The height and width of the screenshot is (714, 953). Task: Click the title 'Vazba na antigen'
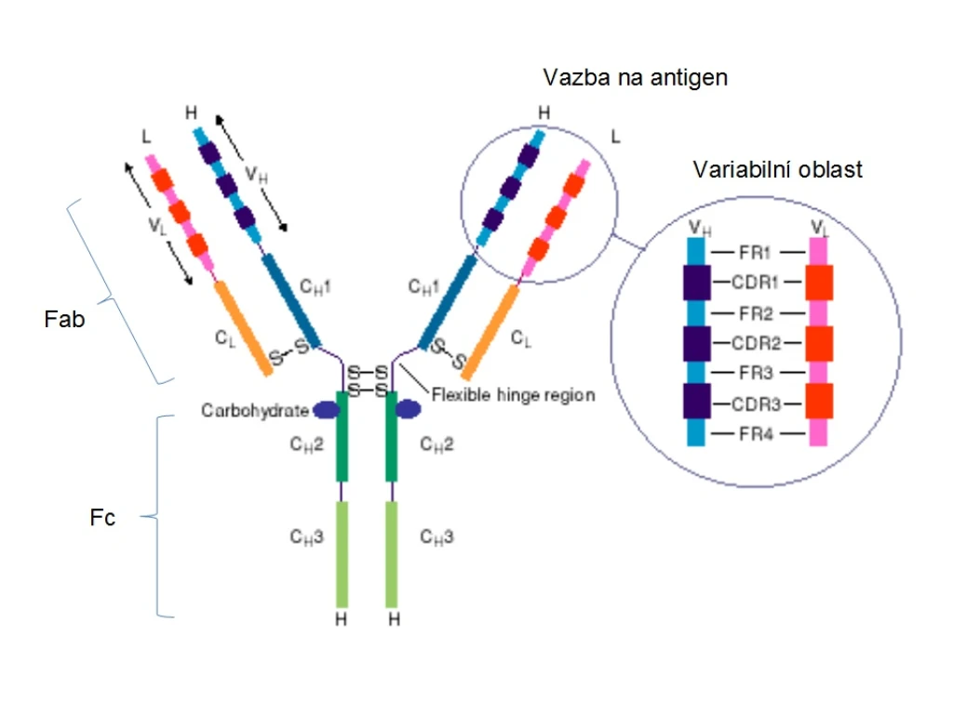tap(635, 78)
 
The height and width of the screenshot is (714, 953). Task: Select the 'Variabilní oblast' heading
tap(777, 169)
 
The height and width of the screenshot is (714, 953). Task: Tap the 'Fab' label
tap(64, 319)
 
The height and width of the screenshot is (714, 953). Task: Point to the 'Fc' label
tap(102, 517)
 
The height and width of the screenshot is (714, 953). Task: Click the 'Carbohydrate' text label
tap(255, 411)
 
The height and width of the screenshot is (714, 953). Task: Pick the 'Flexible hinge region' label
tap(514, 395)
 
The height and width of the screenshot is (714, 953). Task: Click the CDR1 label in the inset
tap(755, 283)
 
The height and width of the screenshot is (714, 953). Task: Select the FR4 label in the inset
tap(756, 434)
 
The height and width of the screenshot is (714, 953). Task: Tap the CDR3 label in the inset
tap(756, 403)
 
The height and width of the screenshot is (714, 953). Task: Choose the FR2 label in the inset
tap(756, 313)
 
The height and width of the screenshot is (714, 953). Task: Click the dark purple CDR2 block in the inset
tap(697, 344)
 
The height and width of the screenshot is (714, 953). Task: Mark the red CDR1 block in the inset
tap(819, 283)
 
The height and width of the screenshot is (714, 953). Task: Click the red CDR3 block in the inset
tap(819, 401)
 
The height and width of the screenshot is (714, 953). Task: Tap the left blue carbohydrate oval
tap(327, 410)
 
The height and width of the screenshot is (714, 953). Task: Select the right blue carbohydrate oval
tap(408, 410)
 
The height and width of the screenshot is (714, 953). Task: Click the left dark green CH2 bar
tap(342, 437)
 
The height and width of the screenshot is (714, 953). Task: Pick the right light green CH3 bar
tap(392, 554)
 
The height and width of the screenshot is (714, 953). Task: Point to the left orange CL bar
tap(243, 328)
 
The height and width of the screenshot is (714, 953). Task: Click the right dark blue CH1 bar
tap(448, 302)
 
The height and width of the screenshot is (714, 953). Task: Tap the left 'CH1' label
tap(315, 286)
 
